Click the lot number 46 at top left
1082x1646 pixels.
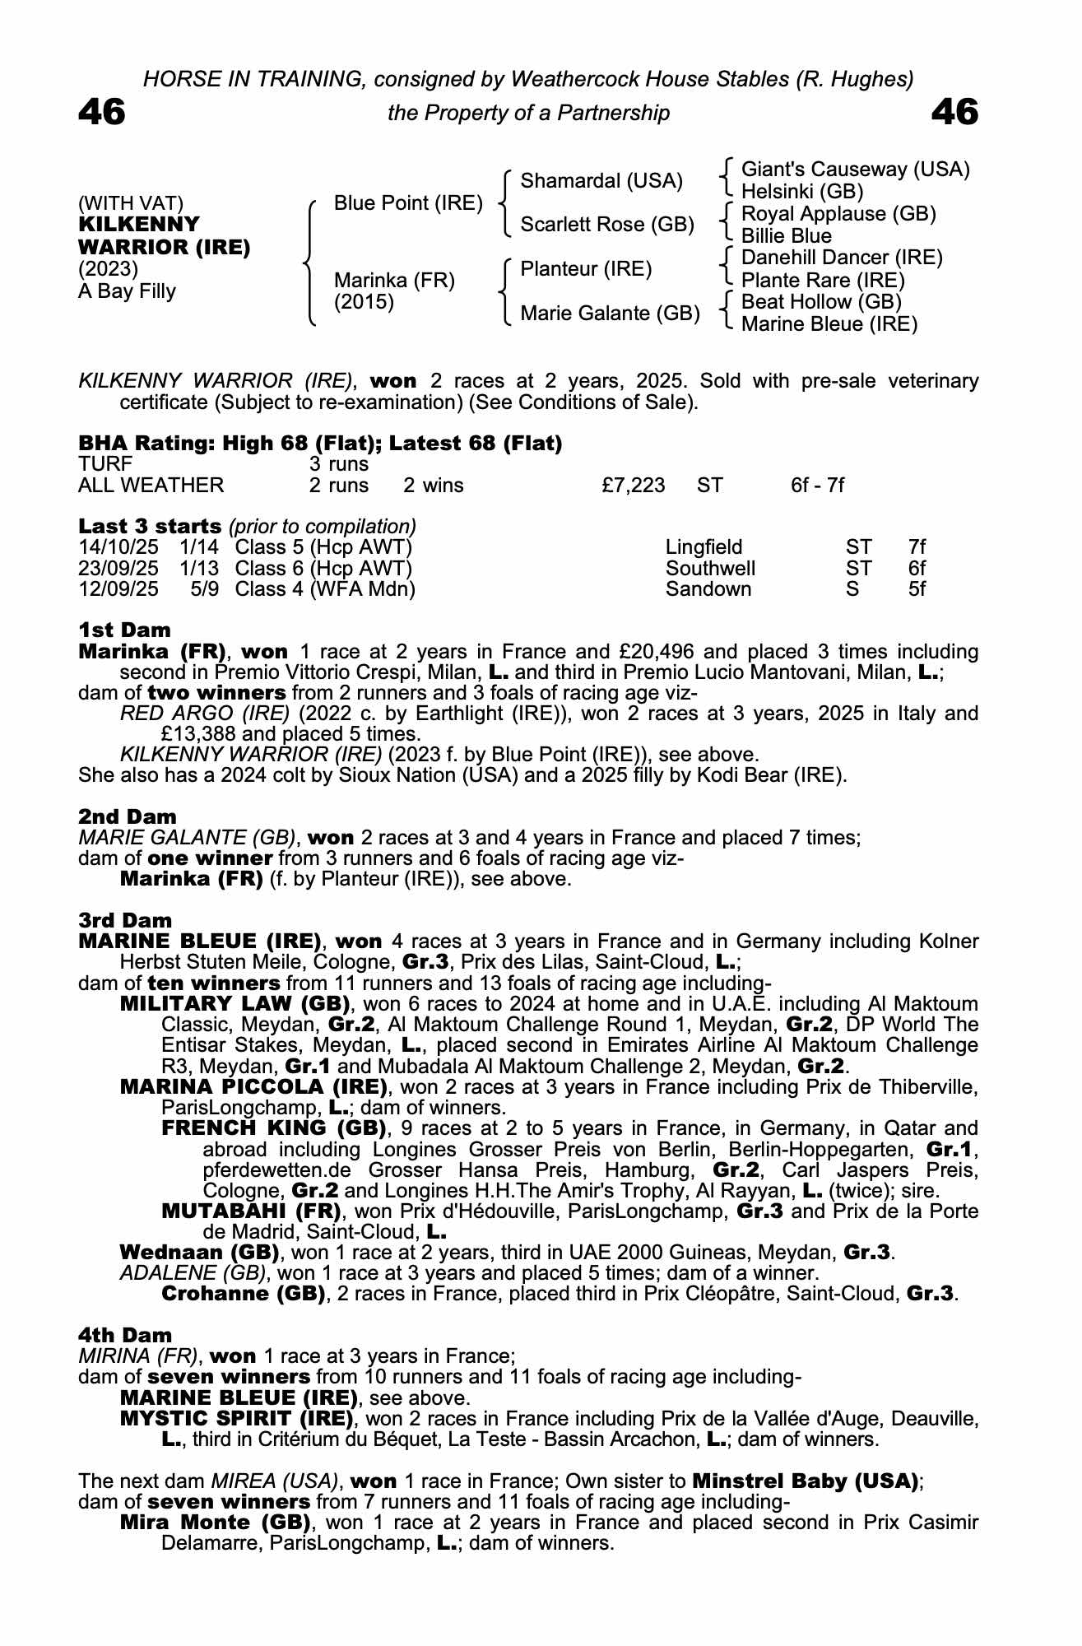102,112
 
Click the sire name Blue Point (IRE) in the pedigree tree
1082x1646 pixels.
407,203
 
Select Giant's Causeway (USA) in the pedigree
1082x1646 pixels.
855,170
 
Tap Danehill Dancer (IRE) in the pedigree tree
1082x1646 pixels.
842,258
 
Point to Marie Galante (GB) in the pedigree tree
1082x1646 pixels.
610,314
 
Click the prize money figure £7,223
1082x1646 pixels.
633,486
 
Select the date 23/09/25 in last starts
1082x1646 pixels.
118,569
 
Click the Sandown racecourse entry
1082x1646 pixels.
708,589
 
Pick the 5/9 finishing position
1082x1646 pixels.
204,589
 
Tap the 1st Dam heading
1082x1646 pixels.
124,630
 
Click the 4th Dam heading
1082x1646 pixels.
125,1335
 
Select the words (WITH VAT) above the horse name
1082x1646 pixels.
131,203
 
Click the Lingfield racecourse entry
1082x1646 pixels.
704,547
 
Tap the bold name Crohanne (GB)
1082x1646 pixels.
242,1294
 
